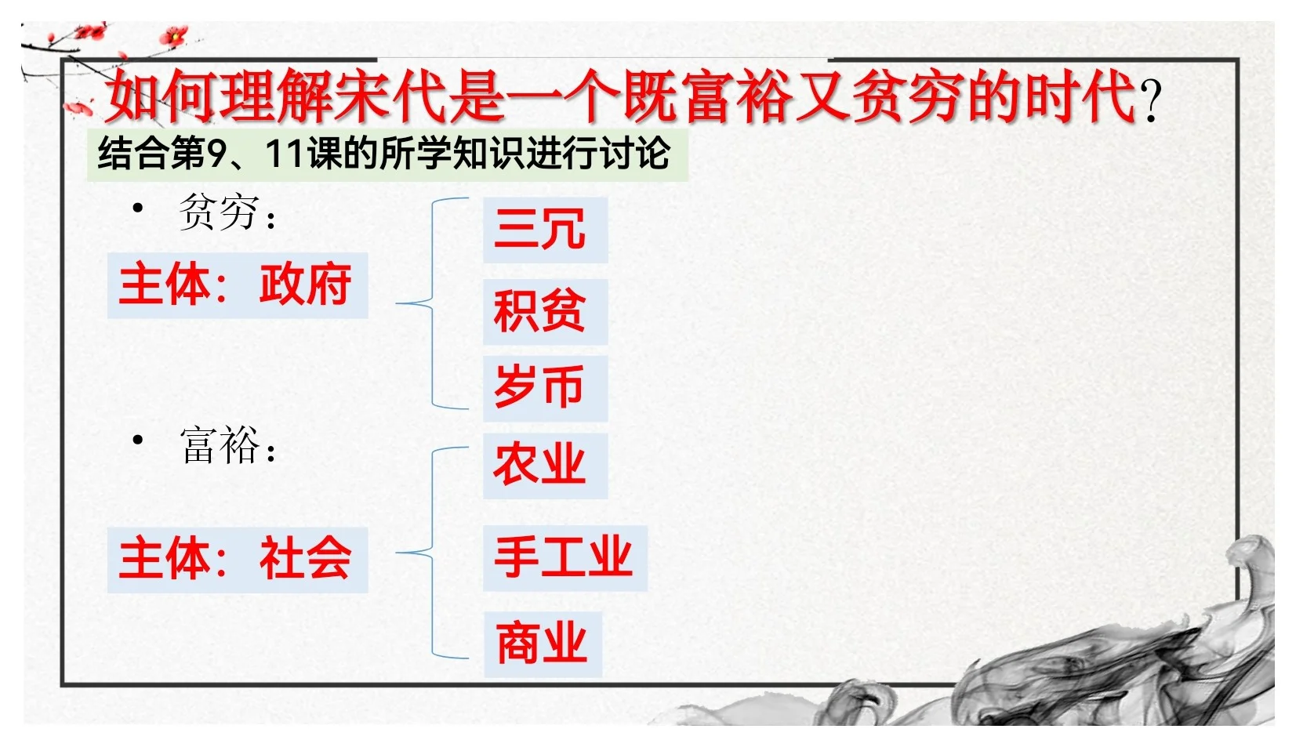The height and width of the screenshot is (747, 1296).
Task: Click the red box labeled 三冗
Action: (545, 230)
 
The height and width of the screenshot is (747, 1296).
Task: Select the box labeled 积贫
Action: (545, 311)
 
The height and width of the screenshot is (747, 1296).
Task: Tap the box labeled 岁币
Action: (545, 387)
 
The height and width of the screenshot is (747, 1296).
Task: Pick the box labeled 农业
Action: (545, 465)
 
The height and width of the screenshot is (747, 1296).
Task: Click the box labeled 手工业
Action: (565, 557)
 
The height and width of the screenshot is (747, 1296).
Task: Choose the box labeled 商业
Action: (543, 644)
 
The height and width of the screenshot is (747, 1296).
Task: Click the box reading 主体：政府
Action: (237, 285)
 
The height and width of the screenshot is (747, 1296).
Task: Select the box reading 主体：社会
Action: (237, 559)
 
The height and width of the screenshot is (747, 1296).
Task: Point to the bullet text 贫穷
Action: (219, 212)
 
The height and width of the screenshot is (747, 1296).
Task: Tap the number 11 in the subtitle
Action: (285, 154)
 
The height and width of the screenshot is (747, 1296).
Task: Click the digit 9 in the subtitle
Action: (216, 154)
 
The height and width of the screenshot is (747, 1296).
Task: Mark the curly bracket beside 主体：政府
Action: (431, 303)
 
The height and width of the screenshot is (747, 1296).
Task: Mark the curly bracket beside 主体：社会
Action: (431, 553)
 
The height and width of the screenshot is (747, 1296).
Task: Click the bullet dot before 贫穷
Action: (139, 209)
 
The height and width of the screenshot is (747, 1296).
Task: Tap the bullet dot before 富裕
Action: (139, 441)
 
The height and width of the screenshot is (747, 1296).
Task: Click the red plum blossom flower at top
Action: (173, 36)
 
